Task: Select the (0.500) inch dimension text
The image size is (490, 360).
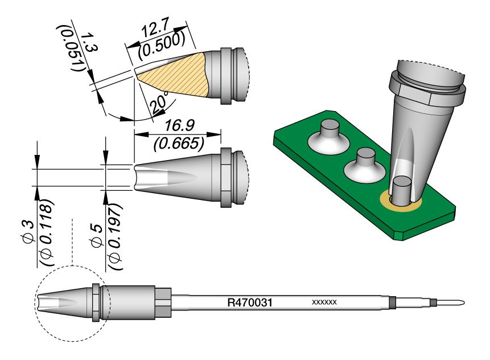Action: coord(162,46)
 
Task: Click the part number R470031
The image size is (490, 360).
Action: coord(248,302)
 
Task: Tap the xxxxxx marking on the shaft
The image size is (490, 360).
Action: coord(325,302)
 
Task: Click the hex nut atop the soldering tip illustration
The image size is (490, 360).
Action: coord(427,85)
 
